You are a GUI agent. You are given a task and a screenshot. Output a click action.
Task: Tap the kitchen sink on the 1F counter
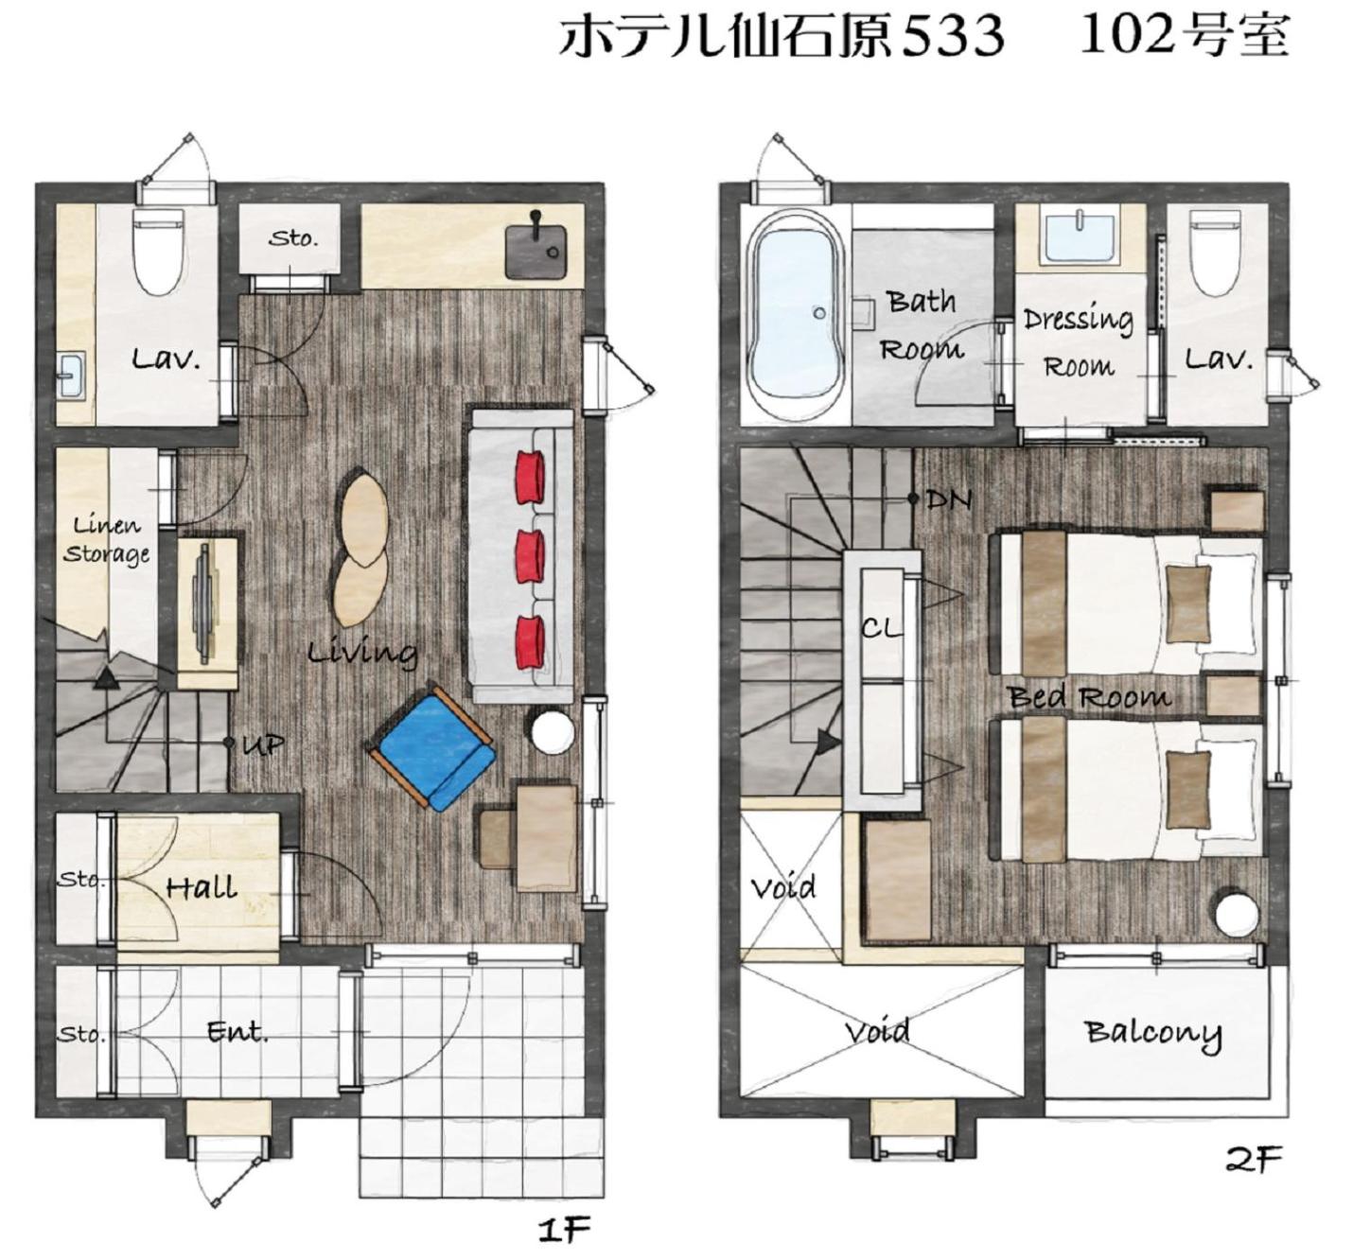pyautogui.click(x=536, y=250)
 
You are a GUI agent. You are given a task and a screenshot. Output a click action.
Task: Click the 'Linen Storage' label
pyautogui.click(x=106, y=539)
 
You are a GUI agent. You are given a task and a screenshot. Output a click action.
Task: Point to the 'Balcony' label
pyautogui.click(x=1152, y=1033)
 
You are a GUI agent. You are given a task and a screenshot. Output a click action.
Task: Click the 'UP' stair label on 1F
pyautogui.click(x=262, y=744)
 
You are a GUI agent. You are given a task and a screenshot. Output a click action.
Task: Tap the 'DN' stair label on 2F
pyautogui.click(x=948, y=499)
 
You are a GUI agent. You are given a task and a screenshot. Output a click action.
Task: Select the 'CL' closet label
pyautogui.click(x=881, y=627)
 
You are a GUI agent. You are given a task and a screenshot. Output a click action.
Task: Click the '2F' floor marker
pyautogui.click(x=1253, y=1158)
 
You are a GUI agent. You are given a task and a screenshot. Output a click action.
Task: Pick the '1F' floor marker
pyautogui.click(x=564, y=1229)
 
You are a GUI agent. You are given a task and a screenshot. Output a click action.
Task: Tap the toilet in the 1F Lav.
pyautogui.click(x=158, y=251)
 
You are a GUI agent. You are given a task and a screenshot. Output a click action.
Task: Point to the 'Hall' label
pyautogui.click(x=201, y=887)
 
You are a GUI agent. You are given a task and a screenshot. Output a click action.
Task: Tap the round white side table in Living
pyautogui.click(x=552, y=731)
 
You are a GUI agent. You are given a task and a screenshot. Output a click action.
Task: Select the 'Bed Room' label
pyautogui.click(x=1089, y=697)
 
